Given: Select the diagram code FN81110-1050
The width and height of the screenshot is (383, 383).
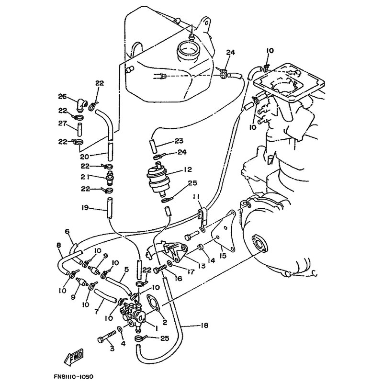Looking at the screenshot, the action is (74, 377).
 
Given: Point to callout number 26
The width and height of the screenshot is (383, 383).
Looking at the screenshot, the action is (62, 97).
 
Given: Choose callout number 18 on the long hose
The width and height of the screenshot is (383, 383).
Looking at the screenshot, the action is (204, 326).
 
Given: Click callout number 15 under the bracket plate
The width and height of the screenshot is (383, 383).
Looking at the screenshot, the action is (223, 256).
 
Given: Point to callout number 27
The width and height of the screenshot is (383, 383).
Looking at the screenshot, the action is (62, 124).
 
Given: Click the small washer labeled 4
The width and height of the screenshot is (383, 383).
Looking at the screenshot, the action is (120, 329).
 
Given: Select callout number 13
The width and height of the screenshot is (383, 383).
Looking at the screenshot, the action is (201, 266).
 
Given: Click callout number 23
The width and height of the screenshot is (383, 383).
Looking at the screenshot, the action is (179, 141).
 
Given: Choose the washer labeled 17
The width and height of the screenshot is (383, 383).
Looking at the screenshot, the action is (169, 263).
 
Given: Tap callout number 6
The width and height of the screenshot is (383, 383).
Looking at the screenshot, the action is (68, 231).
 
